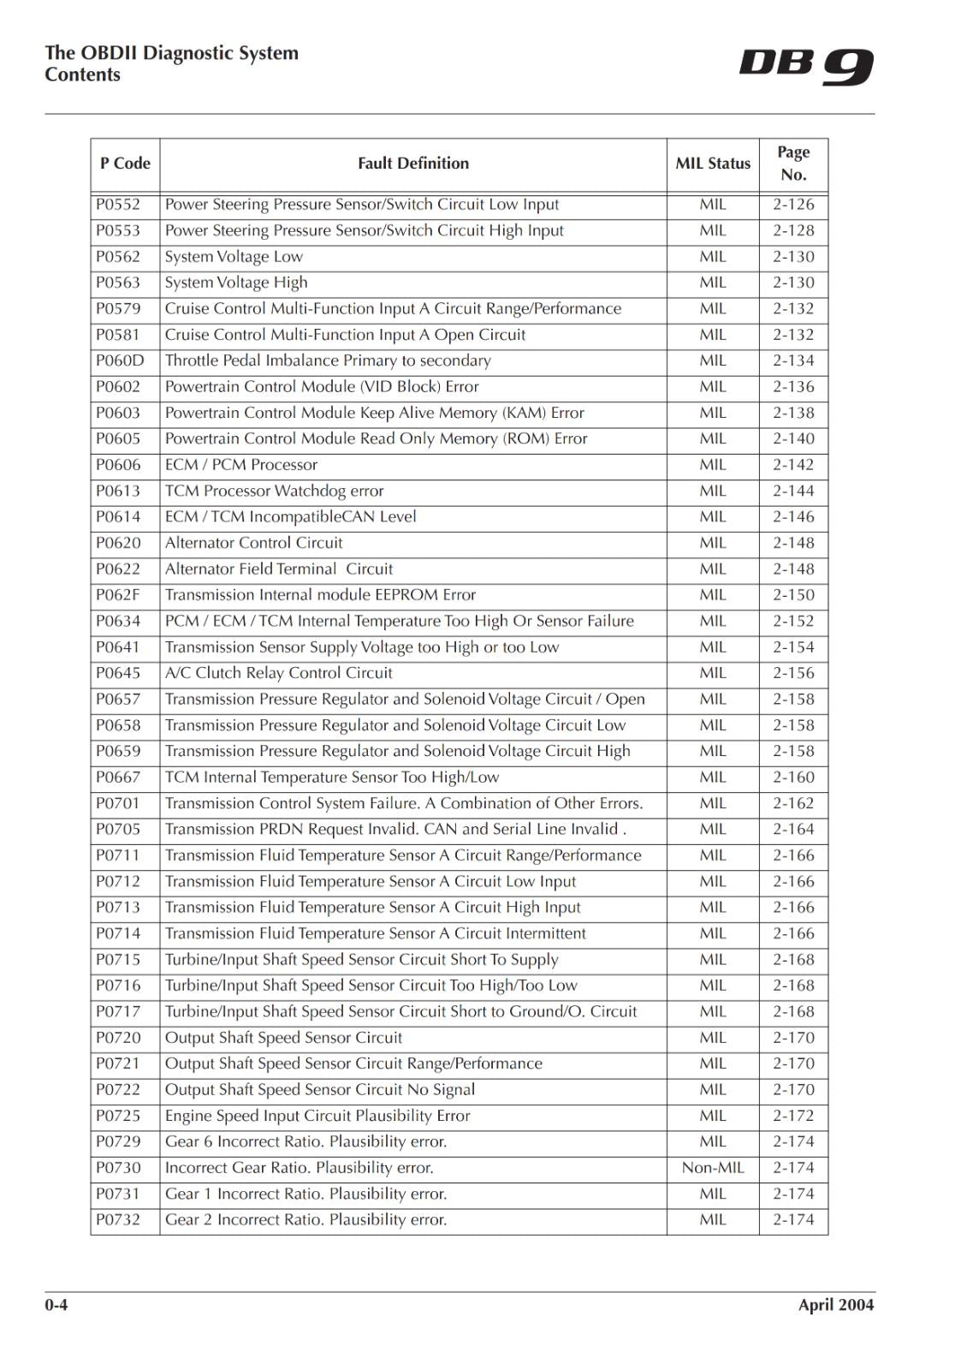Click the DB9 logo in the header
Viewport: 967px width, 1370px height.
pos(805,67)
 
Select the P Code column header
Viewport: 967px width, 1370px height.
pos(125,164)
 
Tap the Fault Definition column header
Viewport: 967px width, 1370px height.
pos(413,164)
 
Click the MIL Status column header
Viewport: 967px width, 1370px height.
pos(713,164)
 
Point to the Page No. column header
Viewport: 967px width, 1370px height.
pos(793,164)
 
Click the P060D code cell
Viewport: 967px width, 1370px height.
pos(120,360)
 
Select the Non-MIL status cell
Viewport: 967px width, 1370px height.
pos(713,1168)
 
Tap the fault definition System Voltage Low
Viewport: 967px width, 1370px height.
pos(234,257)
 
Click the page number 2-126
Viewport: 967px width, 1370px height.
pos(793,205)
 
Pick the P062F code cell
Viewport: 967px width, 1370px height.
pos(118,595)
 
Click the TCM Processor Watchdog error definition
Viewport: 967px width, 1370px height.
pos(274,491)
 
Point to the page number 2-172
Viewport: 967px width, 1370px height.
pos(793,1116)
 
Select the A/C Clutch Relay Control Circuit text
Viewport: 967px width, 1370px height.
pos(278,673)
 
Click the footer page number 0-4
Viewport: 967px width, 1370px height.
pos(56,1305)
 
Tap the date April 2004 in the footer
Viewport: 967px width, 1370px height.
pos(835,1305)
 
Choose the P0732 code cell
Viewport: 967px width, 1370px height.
pos(118,1220)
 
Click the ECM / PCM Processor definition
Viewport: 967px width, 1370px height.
pos(240,465)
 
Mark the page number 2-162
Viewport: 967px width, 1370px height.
pos(793,803)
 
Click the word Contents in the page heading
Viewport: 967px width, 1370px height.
pos(82,74)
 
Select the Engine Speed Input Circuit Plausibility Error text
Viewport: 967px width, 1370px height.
pos(317,1116)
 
